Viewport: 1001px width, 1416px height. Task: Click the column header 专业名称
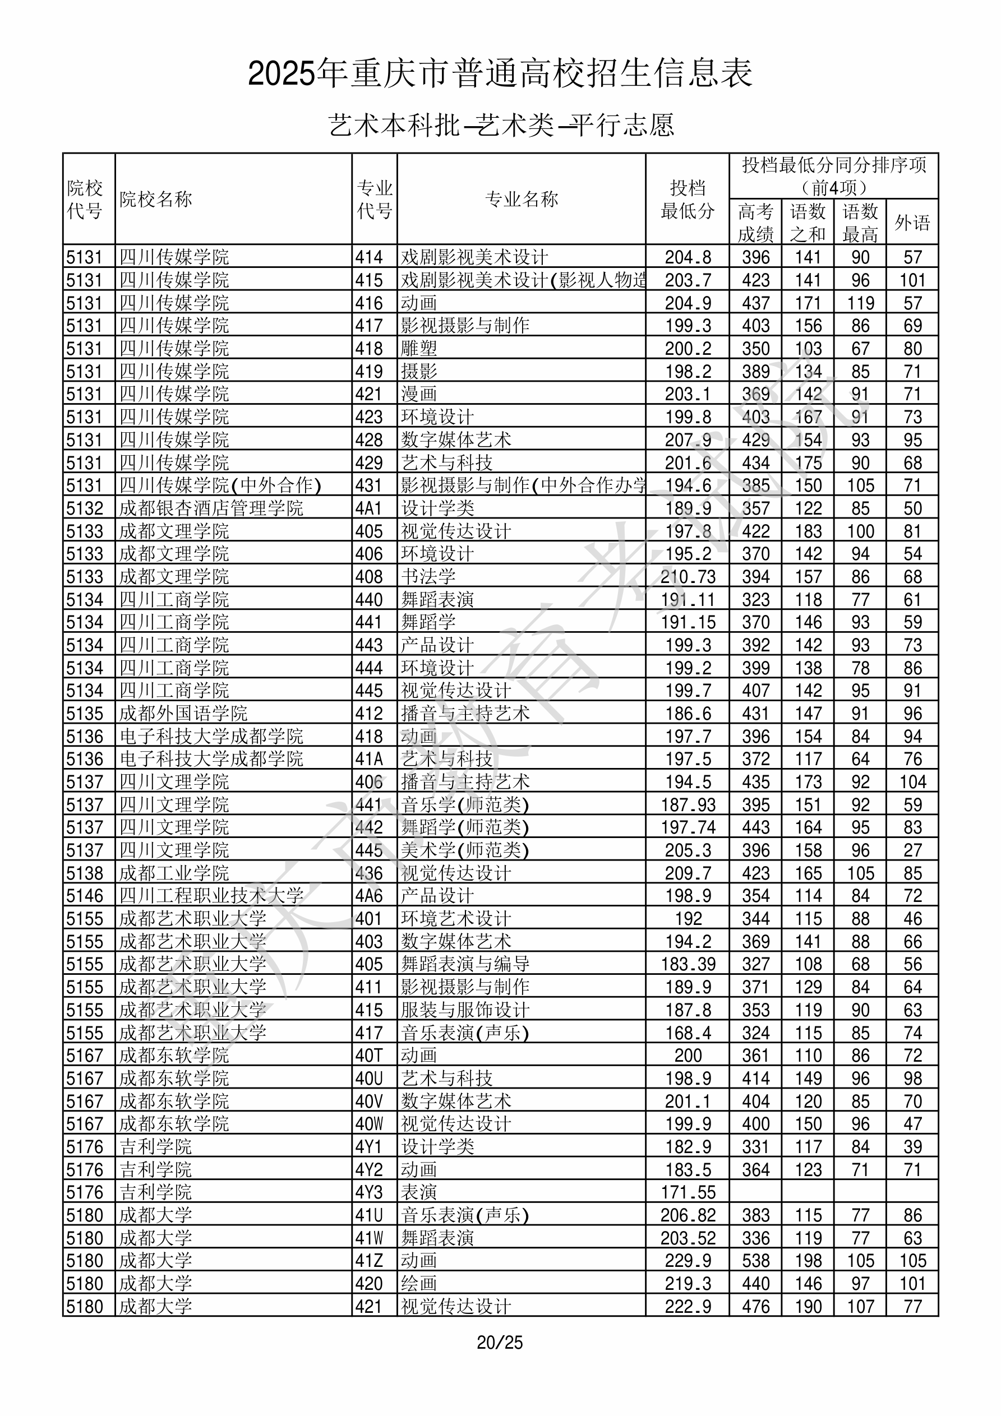point(522,199)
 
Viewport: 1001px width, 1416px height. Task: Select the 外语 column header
point(912,222)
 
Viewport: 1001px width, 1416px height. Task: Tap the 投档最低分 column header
point(687,199)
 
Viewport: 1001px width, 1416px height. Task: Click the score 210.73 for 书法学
point(688,577)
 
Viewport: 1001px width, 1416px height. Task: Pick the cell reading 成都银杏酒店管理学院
point(211,508)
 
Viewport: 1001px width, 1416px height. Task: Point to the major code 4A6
point(369,895)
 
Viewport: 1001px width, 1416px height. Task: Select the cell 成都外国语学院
point(183,714)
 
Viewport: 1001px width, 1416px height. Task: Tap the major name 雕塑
point(419,349)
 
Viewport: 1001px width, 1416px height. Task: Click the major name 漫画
point(419,394)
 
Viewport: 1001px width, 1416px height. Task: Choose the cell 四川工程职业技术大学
point(211,895)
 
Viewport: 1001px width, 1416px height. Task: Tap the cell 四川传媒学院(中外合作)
point(220,485)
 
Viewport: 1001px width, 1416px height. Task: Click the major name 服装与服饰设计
point(465,1010)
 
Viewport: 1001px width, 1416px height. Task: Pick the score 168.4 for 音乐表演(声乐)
point(688,1033)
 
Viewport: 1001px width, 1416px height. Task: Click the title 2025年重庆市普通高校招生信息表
point(500,73)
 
